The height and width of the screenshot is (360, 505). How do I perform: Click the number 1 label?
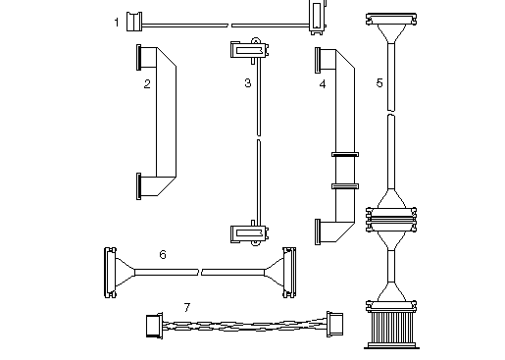[x=117, y=22]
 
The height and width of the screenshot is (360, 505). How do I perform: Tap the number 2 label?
[x=146, y=83]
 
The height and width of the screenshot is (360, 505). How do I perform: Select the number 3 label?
[x=248, y=83]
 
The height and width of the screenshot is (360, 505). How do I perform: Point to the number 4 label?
[x=323, y=84]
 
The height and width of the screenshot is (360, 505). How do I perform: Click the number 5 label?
[x=379, y=82]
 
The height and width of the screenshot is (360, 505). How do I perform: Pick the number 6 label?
[x=163, y=255]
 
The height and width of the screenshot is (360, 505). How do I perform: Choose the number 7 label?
[x=187, y=307]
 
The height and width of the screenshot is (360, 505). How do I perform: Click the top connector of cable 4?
[x=320, y=60]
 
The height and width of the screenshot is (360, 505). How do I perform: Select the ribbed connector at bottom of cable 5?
[x=393, y=324]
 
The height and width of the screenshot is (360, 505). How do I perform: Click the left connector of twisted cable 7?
[x=152, y=325]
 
